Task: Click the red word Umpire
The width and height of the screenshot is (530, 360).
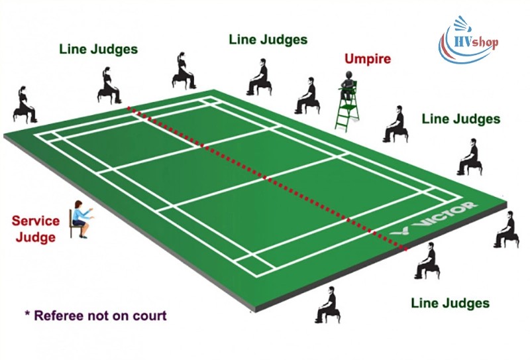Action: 367,58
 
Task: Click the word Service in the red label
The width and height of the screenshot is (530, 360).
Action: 36,221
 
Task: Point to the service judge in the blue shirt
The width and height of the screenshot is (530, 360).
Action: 79,214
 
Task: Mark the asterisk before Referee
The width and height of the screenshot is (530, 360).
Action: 27,314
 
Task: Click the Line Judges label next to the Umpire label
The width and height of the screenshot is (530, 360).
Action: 268,39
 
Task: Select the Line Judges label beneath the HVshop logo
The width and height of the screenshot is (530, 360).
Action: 460,119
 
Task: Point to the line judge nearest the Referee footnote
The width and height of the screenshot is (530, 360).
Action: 327,304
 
